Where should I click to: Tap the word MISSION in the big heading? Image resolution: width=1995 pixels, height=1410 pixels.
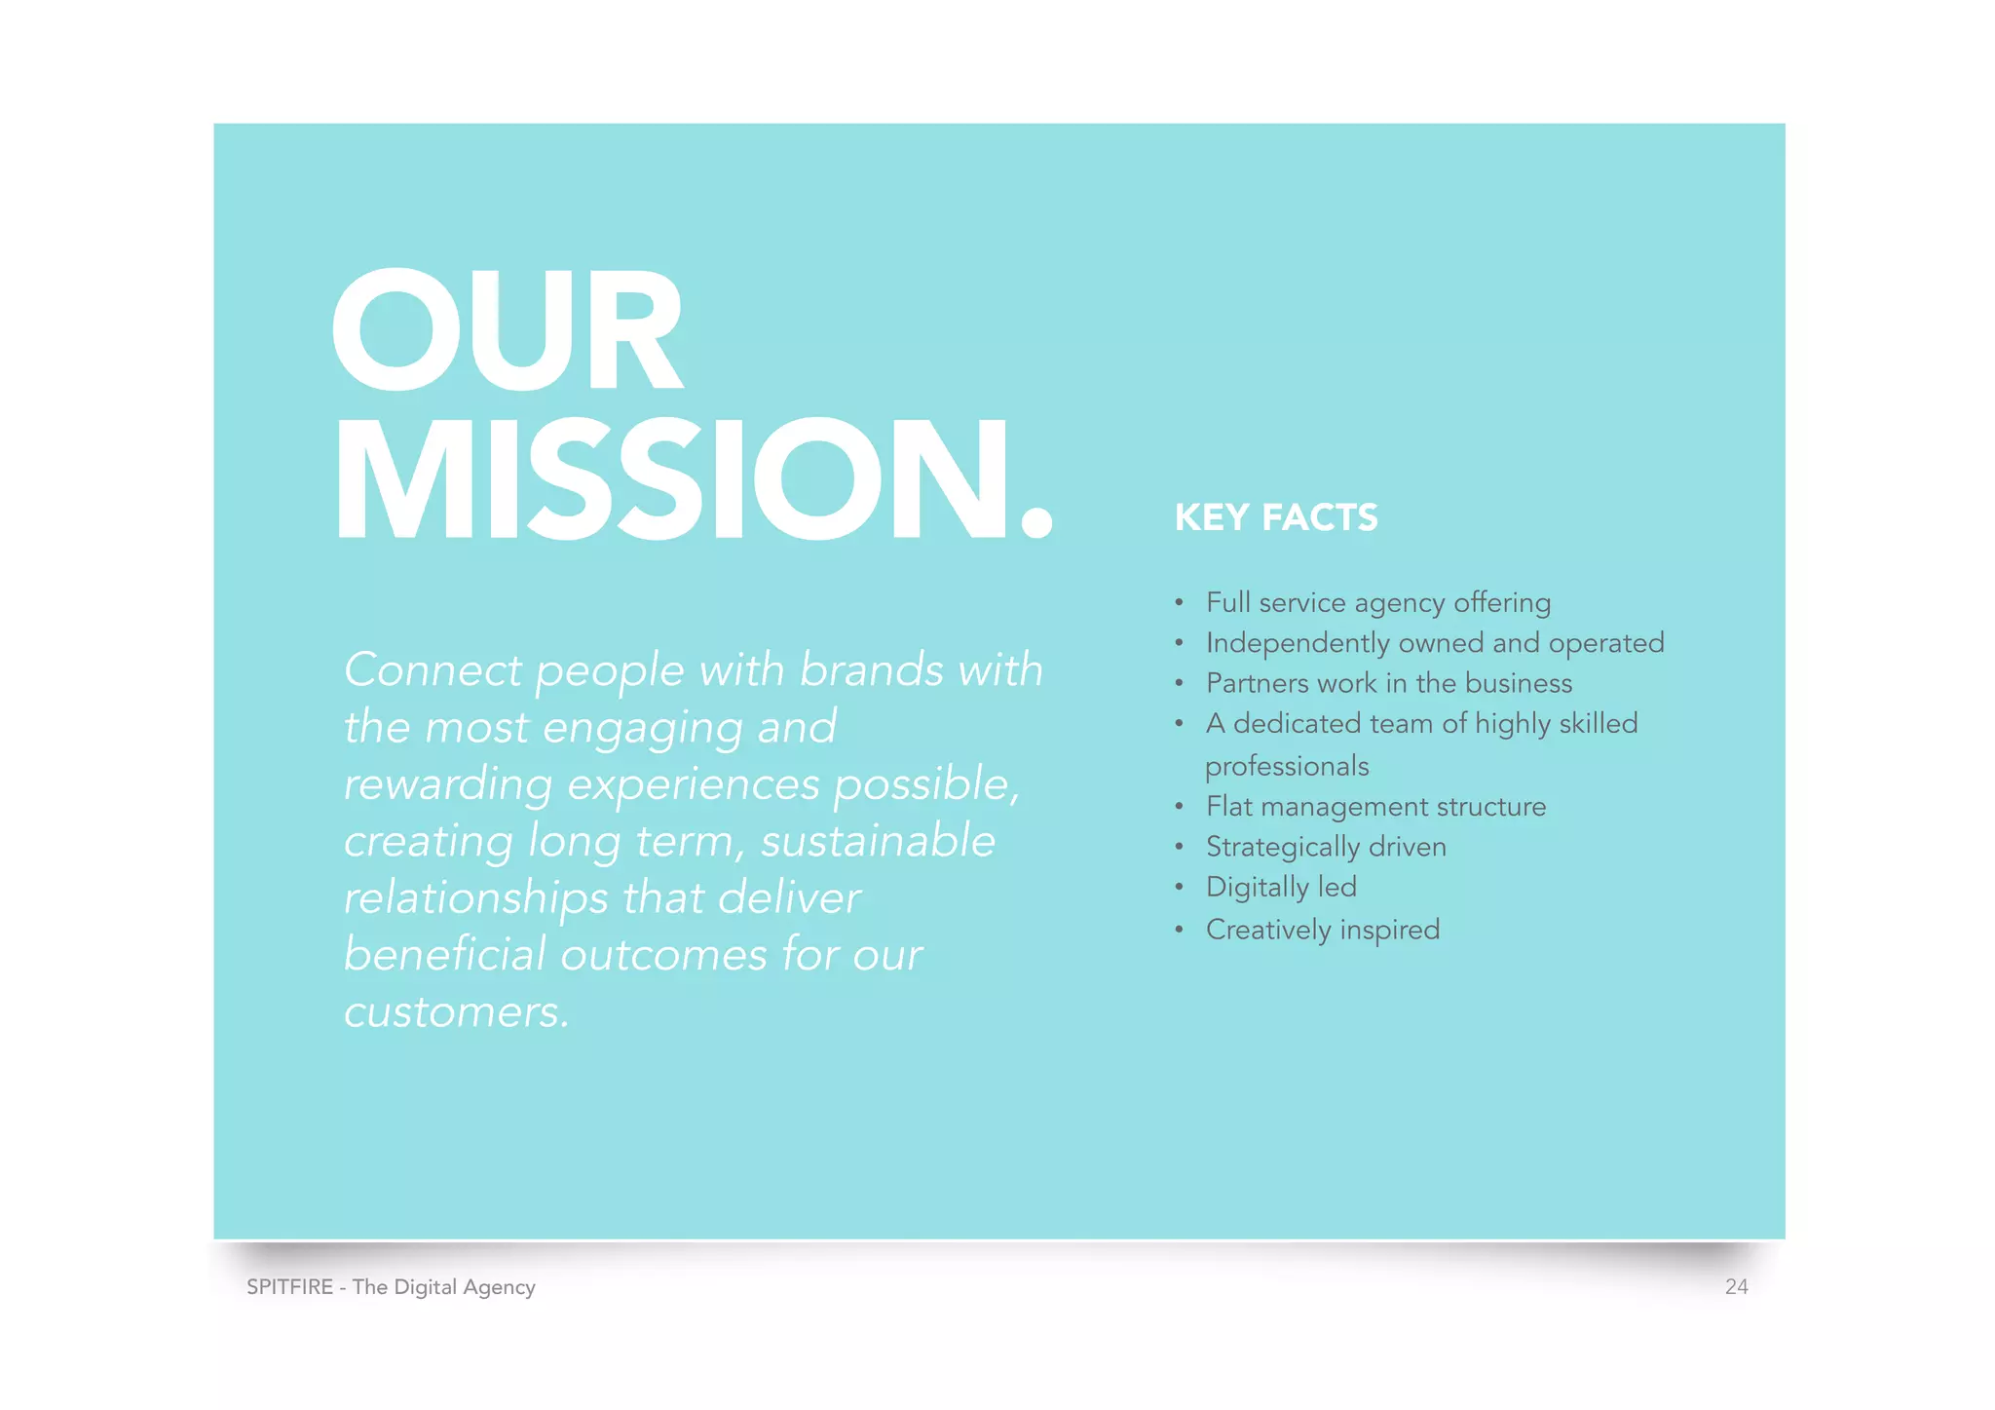[672, 480]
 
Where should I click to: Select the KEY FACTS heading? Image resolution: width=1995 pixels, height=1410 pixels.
[1276, 517]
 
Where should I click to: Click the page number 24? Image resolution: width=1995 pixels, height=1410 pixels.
[1736, 1287]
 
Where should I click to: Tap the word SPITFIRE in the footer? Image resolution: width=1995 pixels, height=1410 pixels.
[290, 1287]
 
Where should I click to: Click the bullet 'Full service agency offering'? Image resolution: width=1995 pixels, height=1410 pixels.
[1377, 603]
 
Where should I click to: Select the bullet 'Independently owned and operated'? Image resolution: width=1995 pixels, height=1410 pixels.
[1434, 643]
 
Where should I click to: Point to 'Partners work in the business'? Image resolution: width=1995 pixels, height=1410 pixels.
[1388, 683]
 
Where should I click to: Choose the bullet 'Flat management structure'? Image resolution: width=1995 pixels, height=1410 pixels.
[1375, 807]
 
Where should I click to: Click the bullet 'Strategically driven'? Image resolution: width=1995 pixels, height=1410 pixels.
[1326, 847]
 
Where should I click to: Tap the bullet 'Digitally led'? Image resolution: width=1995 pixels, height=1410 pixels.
[1281, 887]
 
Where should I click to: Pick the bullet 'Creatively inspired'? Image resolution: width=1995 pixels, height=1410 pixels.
[1322, 930]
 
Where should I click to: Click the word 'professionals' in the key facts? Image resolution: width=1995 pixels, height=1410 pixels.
[1287, 767]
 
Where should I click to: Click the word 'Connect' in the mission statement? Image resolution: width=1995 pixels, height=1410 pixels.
[433, 670]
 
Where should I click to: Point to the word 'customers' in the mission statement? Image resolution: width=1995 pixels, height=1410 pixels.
[453, 1012]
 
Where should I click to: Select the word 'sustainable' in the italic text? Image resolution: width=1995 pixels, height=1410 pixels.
[878, 841]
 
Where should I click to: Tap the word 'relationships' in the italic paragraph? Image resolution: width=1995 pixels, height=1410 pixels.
[474, 898]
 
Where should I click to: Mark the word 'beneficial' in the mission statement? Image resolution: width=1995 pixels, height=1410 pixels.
[444, 955]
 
